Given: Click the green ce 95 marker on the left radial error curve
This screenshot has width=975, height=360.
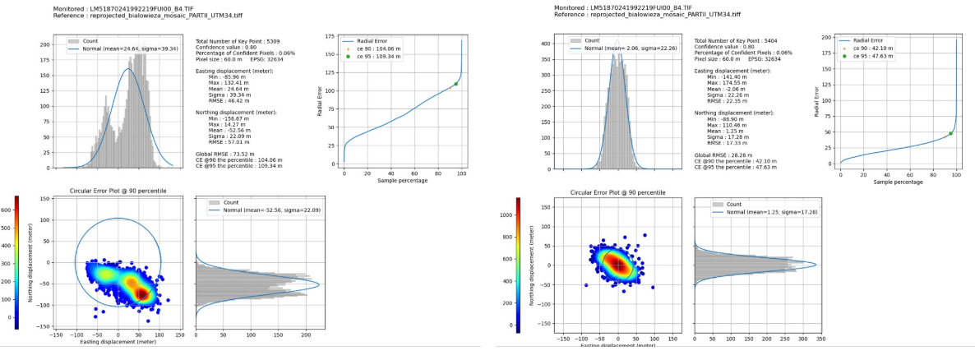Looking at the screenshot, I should [455, 84].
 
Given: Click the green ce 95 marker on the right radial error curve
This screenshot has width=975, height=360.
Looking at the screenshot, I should [950, 133].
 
